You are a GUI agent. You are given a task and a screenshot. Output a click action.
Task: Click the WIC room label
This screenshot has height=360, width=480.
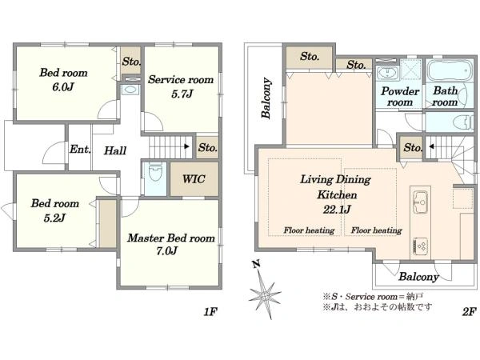pyautogui.click(x=194, y=179)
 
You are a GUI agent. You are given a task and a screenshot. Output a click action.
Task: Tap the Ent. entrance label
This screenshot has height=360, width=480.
pyautogui.click(x=80, y=150)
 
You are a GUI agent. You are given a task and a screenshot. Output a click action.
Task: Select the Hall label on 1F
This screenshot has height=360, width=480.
pyautogui.click(x=115, y=150)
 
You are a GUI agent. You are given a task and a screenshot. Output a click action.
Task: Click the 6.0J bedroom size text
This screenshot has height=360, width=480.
pyautogui.click(x=63, y=87)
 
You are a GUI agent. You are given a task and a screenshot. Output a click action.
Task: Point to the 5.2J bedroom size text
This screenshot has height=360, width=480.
pyautogui.click(x=54, y=218)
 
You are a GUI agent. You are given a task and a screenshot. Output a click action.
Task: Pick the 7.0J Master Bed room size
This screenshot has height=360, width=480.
pyautogui.click(x=167, y=251)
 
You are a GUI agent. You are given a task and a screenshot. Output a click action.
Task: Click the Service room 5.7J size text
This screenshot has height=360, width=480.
pyautogui.click(x=182, y=94)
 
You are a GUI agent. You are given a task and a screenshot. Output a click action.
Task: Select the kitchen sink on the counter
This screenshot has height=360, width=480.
pyautogui.click(x=420, y=202)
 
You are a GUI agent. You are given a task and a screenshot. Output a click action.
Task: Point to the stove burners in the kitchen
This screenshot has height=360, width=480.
pyautogui.click(x=420, y=246)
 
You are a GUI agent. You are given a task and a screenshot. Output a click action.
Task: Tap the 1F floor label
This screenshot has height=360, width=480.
pyautogui.click(x=210, y=312)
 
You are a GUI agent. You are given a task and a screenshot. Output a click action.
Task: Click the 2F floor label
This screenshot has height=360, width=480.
pyautogui.click(x=470, y=312)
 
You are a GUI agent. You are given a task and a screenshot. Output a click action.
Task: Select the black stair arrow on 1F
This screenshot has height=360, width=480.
pyautogui.click(x=186, y=146)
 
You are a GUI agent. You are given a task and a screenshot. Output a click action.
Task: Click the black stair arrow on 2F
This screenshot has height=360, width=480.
pyautogui.click(x=431, y=146)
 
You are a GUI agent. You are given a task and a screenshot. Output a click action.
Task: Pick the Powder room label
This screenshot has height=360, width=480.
pyautogui.click(x=400, y=97)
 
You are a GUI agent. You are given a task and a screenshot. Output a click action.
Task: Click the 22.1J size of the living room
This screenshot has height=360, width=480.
pyautogui.click(x=337, y=210)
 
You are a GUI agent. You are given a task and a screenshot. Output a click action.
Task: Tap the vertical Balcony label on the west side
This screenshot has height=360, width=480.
pyautogui.click(x=266, y=98)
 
